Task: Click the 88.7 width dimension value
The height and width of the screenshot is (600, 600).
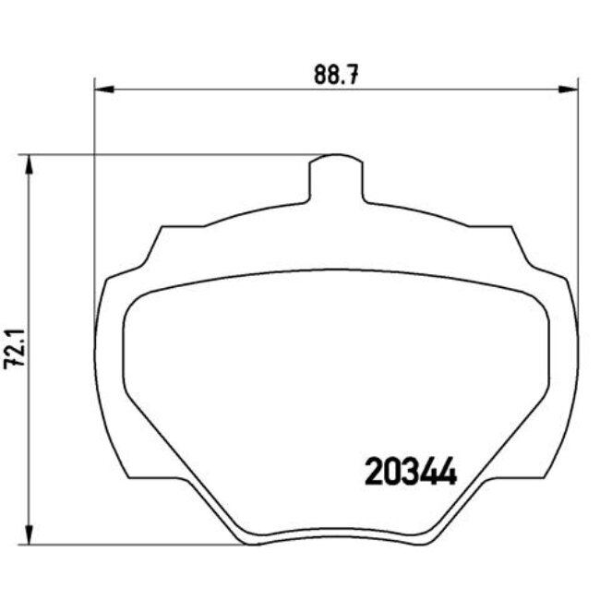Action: pyautogui.click(x=335, y=74)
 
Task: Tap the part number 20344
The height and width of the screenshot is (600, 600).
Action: pyautogui.click(x=412, y=474)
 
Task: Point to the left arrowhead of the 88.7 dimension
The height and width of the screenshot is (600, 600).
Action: pyautogui.click(x=102, y=90)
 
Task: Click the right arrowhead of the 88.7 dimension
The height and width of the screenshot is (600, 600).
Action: pyautogui.click(x=570, y=90)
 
